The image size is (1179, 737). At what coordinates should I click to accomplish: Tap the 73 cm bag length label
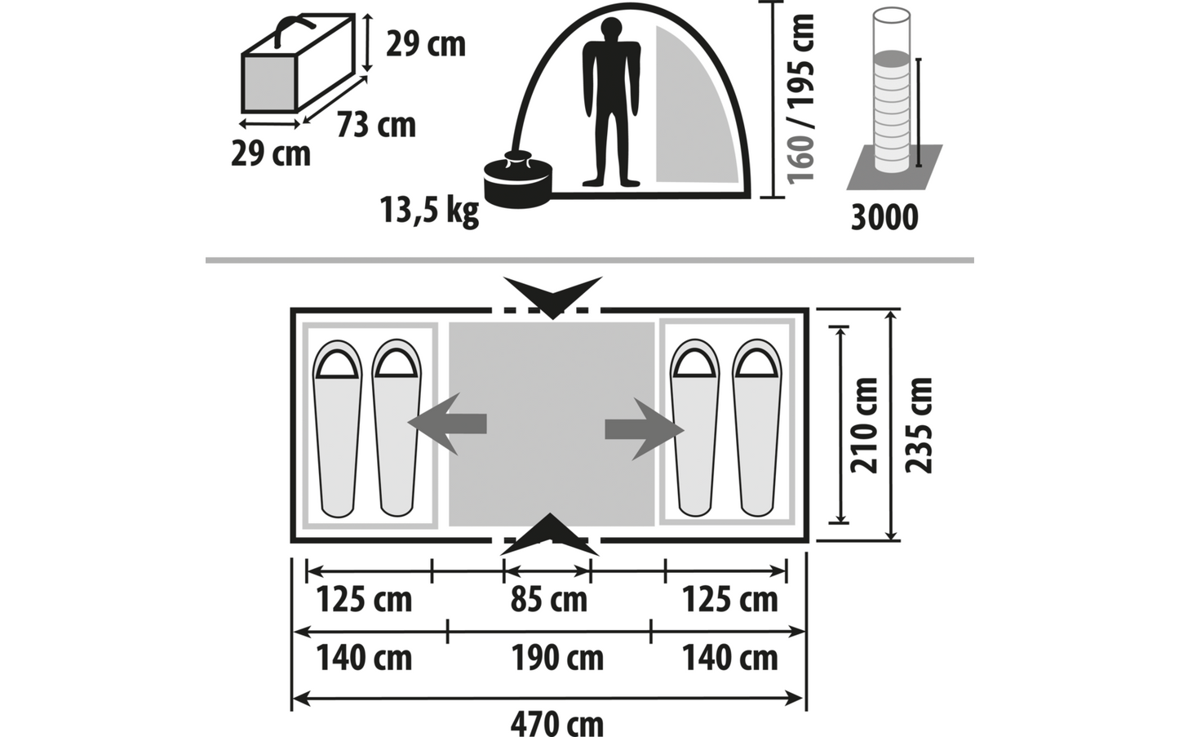pos(376,126)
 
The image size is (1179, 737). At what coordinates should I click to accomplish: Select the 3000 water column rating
pos(884,217)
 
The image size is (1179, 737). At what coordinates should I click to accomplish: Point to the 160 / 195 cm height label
pos(800,99)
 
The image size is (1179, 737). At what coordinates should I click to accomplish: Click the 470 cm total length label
pos(557,725)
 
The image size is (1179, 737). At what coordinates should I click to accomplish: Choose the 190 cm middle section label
pos(557,658)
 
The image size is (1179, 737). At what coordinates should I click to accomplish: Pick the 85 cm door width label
pos(548,600)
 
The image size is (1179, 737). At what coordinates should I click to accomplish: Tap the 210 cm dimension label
pos(864,425)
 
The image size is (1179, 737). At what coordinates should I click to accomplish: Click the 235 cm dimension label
pos(919,425)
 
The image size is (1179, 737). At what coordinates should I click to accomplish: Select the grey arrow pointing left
pos(447,424)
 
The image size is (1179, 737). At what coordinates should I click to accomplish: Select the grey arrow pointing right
pos(645,429)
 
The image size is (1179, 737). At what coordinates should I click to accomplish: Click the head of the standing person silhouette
pos(611,30)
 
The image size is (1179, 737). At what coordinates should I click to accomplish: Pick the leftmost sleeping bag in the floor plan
pos(338,428)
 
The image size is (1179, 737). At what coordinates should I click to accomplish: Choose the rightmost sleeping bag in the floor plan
pos(757,428)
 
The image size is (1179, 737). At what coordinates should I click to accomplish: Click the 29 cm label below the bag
pos(271,154)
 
